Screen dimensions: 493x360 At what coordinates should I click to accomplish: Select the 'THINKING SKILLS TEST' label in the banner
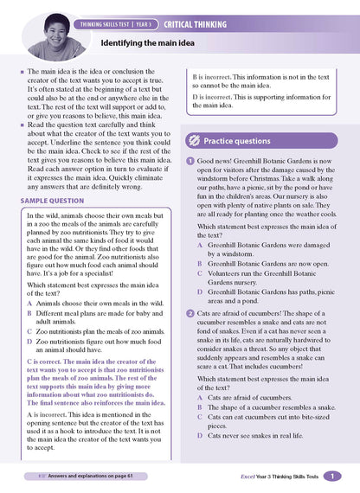[111, 24]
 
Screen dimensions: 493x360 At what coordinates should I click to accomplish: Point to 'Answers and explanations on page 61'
[84, 477]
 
